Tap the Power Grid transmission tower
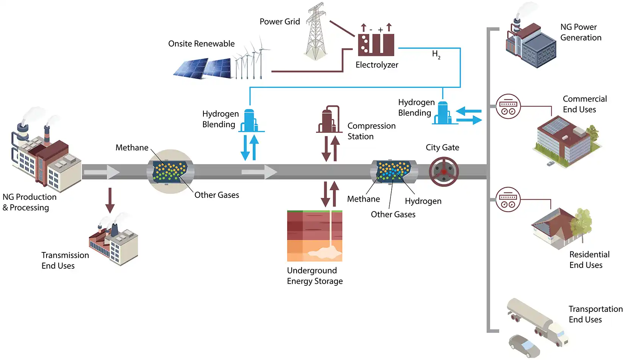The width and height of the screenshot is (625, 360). click(316, 32)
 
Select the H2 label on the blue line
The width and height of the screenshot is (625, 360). click(436, 55)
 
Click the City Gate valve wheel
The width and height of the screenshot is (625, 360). click(444, 172)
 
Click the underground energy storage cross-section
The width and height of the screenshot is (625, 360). click(314, 236)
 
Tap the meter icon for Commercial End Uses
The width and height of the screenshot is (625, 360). click(508, 106)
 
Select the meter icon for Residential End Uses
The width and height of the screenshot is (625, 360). click(508, 199)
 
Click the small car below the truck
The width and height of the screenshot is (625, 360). click(523, 345)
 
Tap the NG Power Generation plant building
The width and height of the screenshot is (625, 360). click(530, 45)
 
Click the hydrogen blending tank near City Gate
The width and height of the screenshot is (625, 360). click(442, 113)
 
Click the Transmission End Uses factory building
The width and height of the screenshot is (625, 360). click(114, 243)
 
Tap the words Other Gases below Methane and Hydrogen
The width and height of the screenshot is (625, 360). click(393, 214)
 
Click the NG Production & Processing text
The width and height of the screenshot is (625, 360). click(29, 202)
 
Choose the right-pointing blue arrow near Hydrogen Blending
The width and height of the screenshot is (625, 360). click(469, 121)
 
